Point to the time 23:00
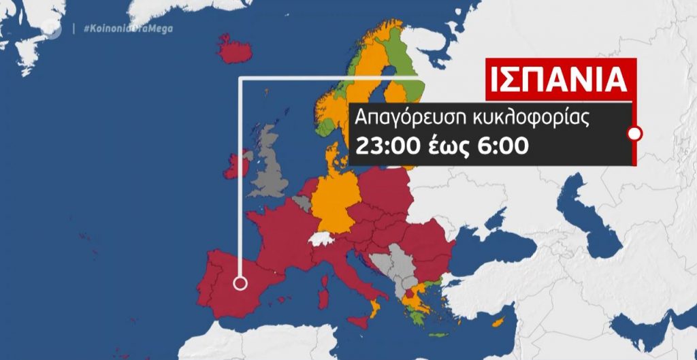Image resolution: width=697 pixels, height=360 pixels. (x=385, y=145)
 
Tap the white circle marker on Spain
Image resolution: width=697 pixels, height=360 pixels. (x=240, y=284)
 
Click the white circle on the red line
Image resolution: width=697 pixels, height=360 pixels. (x=634, y=133)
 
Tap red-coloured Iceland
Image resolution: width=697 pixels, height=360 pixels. (x=235, y=50)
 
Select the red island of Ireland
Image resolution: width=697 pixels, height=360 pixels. (x=237, y=165)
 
